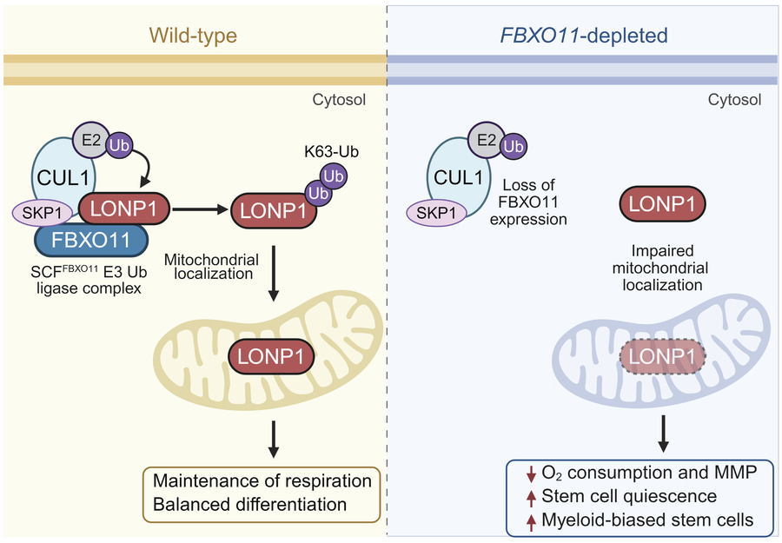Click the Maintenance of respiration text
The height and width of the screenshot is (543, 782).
tap(262, 481)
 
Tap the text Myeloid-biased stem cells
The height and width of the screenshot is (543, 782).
tap(646, 520)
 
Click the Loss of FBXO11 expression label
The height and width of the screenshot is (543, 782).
tap(534, 202)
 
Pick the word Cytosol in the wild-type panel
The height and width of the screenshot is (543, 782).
tap(339, 100)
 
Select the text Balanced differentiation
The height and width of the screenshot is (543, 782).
tap(250, 504)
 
